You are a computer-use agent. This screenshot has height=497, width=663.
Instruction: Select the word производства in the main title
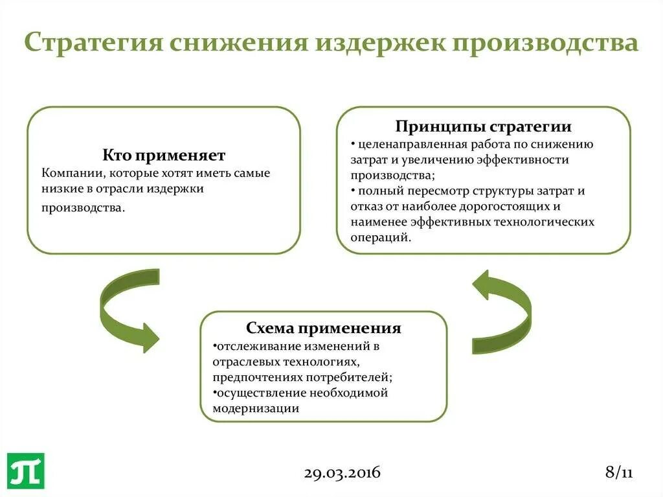click(x=542, y=43)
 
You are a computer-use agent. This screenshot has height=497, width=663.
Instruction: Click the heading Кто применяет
click(x=164, y=156)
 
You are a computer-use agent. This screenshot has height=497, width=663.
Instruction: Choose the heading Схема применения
click(x=323, y=328)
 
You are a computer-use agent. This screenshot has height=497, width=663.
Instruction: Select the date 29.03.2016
click(x=342, y=472)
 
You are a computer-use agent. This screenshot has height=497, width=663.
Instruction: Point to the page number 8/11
click(x=618, y=472)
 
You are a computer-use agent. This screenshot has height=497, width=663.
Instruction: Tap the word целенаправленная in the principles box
click(x=407, y=144)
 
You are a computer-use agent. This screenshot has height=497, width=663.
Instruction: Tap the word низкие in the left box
click(x=60, y=190)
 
